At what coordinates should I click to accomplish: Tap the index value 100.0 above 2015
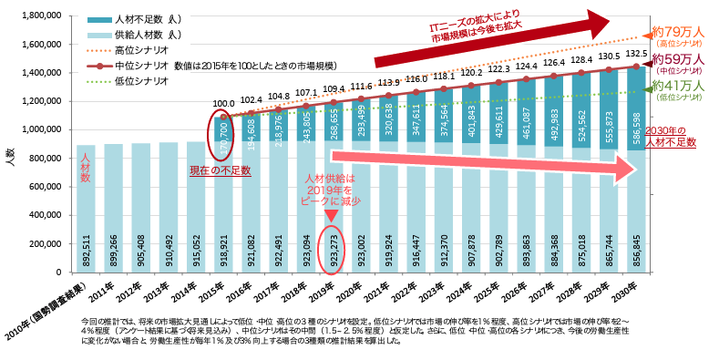(x=223, y=104)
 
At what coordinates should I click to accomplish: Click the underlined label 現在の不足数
(x=220, y=170)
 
